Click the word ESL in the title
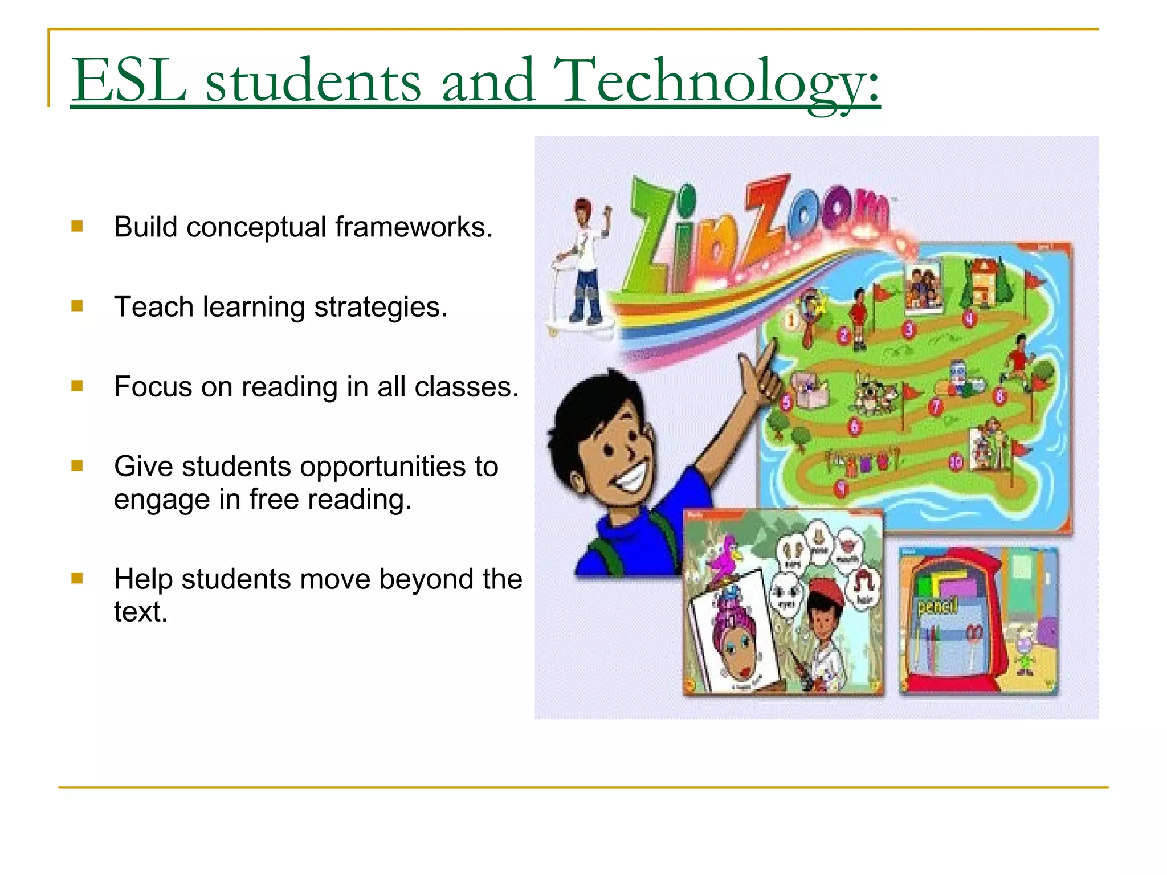tap(129, 81)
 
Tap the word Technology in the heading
tap(715, 81)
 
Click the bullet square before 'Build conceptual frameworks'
tap(77, 227)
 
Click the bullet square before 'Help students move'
tap(77, 579)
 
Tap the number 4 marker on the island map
tap(969, 318)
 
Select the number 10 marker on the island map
tap(956, 461)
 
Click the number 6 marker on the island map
tap(854, 426)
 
